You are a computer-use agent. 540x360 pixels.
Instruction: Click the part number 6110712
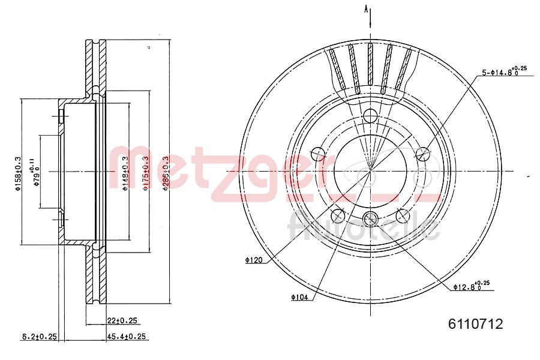(x=475, y=325)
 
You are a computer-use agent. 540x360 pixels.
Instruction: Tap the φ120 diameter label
(x=254, y=260)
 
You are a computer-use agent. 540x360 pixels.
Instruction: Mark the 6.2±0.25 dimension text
(x=39, y=337)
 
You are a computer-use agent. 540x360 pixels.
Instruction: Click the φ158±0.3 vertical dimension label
(x=18, y=173)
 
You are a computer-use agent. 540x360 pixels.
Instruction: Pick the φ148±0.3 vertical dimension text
(x=125, y=173)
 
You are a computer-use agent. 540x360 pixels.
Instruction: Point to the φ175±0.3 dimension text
(x=145, y=173)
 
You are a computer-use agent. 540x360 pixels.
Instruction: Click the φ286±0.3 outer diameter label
(x=166, y=173)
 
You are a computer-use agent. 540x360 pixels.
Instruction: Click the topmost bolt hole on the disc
(x=370, y=115)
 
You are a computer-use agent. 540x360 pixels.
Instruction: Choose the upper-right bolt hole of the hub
(x=423, y=154)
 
